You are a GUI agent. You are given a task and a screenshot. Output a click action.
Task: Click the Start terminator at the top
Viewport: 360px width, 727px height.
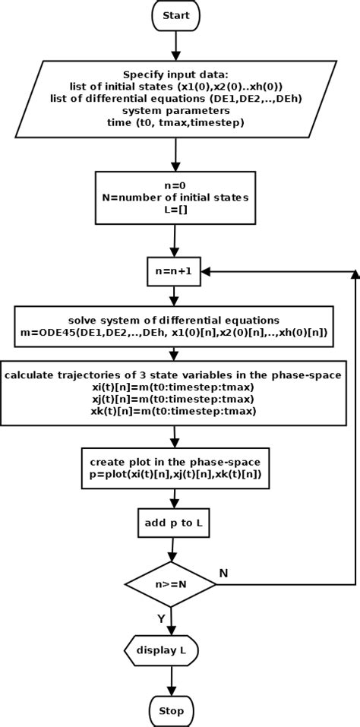point(175,15)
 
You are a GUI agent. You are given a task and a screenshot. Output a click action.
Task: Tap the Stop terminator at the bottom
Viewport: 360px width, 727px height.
point(171,711)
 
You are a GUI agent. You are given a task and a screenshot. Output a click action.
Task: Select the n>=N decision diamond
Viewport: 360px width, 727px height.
point(170,585)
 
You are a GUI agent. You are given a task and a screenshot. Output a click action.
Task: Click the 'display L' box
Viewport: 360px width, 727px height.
point(161,650)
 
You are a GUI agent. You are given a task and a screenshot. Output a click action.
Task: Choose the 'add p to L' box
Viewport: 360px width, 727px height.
point(173,523)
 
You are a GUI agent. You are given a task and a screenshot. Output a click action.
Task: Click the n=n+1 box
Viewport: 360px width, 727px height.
point(174,271)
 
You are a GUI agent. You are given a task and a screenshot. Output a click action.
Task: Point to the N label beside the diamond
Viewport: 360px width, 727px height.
point(223,573)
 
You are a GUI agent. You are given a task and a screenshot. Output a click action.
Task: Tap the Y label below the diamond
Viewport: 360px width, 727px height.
point(161,619)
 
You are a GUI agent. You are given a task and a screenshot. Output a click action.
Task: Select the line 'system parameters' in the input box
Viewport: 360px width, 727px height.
point(175,110)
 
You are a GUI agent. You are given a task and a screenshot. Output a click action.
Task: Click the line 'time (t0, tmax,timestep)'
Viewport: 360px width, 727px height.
point(175,122)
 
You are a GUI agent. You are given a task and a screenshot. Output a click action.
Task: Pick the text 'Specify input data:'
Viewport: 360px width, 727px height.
point(175,74)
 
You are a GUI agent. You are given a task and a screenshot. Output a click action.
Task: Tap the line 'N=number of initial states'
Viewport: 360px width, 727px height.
point(175,197)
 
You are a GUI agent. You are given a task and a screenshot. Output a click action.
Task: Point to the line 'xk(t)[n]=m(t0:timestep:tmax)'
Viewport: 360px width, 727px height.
point(174,411)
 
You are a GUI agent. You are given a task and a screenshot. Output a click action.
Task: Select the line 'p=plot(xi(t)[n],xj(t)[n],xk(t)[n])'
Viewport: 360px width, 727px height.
point(174,473)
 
